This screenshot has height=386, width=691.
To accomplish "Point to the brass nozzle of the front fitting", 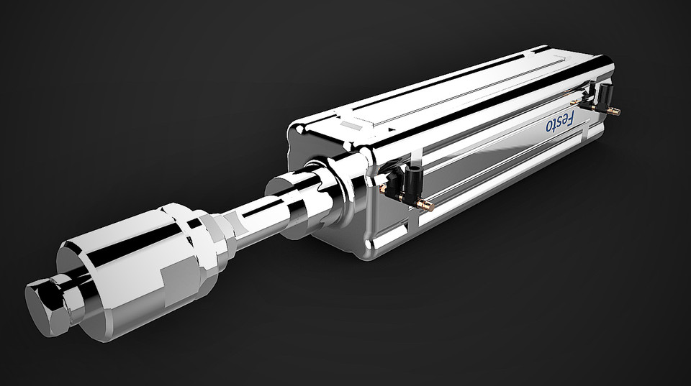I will (425, 206).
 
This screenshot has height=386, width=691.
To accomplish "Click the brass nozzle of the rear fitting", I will (613, 111).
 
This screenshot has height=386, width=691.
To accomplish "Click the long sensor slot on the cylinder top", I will (446, 90).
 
